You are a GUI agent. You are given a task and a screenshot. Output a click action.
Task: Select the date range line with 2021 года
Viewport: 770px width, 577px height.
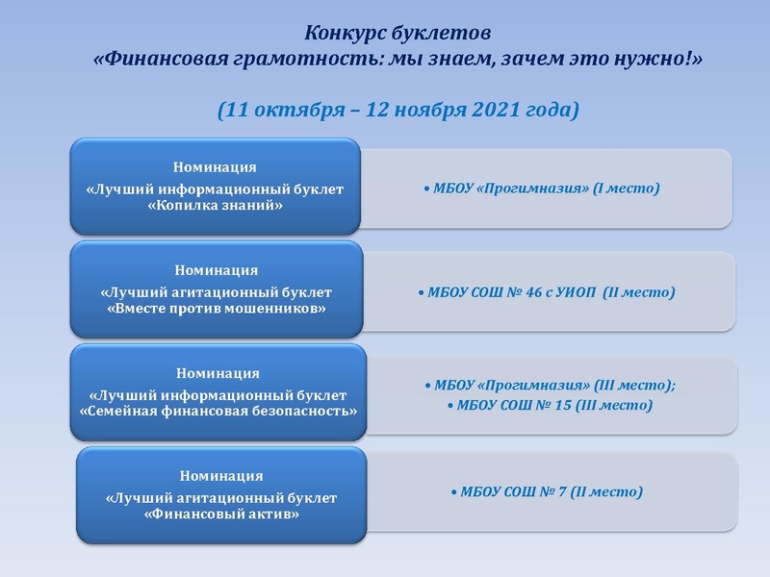[398, 110]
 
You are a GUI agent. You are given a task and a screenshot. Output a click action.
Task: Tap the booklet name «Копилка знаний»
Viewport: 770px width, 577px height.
[215, 206]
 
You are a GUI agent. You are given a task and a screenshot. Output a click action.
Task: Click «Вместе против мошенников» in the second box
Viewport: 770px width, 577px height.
[216, 309]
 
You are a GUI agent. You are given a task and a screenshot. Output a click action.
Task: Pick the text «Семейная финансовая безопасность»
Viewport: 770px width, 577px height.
[218, 412]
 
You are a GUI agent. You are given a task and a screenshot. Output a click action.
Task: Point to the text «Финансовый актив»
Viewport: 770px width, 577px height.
[220, 514]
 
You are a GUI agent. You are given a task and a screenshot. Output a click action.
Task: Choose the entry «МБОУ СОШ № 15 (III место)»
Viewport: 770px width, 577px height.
[552, 406]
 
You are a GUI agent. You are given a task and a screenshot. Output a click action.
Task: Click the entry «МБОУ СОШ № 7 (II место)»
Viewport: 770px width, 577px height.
[547, 492]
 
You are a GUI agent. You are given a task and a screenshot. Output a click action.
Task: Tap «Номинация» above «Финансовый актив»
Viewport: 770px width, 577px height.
[220, 475]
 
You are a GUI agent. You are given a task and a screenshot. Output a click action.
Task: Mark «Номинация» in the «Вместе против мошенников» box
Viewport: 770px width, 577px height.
[216, 270]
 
